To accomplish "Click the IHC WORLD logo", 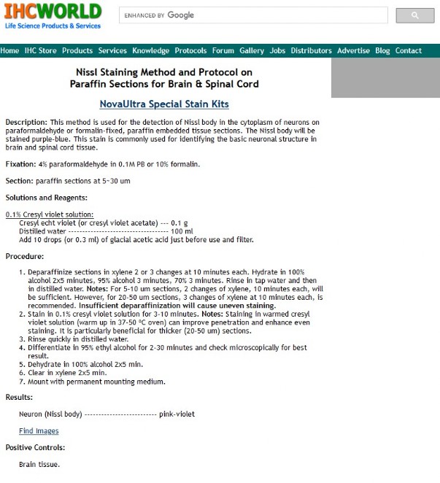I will point(53,16).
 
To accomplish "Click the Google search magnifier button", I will point(414,15).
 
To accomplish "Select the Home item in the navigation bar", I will point(10,50).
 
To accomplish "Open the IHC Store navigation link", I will point(40,50).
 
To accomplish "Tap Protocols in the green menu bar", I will point(190,50).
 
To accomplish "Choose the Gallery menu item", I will point(252,50).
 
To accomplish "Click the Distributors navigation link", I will point(311,50).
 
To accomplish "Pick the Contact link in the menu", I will point(409,50).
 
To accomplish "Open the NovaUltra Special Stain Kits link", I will point(164,104).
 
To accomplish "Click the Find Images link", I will point(39,431).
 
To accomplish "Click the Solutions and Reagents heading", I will point(46,198).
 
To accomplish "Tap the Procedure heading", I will point(25,256).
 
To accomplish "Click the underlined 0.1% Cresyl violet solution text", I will point(49,215).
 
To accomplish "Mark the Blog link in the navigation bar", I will point(382,50).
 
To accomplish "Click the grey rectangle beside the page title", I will point(385,77).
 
